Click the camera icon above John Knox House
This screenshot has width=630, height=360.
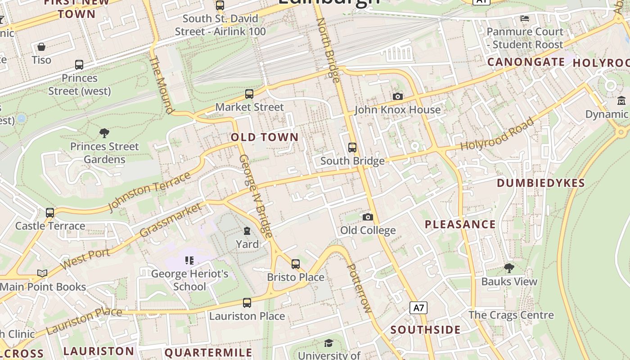(397, 96)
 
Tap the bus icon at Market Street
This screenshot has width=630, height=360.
(249, 94)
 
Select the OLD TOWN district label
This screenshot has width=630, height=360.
(265, 137)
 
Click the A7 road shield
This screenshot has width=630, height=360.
(418, 308)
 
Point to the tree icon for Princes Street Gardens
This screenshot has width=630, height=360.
(104, 133)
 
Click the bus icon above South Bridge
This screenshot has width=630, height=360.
(352, 147)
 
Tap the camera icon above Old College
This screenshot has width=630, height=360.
(368, 217)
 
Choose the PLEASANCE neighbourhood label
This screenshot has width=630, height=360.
(460, 224)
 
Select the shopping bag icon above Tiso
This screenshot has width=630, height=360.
(41, 47)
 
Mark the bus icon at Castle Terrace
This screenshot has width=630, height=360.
(50, 212)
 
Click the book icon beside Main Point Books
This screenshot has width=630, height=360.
(42, 273)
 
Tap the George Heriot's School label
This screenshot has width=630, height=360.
(189, 280)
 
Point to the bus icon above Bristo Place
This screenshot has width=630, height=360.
(296, 264)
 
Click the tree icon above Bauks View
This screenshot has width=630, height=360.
(509, 268)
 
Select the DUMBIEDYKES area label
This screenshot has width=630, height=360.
(540, 183)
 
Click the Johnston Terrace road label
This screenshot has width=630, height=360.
(149, 191)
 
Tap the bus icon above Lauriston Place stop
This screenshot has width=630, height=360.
(247, 303)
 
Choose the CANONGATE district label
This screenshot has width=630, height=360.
(526, 62)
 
